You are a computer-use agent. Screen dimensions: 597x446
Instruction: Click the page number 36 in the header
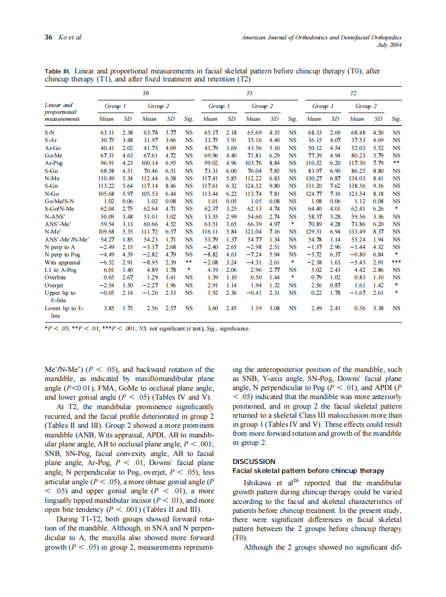pyautogui.click(x=48, y=37)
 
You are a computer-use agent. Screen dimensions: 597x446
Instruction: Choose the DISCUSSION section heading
pyautogui.click(x=254, y=461)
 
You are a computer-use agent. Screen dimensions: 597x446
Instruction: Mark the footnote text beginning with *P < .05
pyautogui.click(x=146, y=328)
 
